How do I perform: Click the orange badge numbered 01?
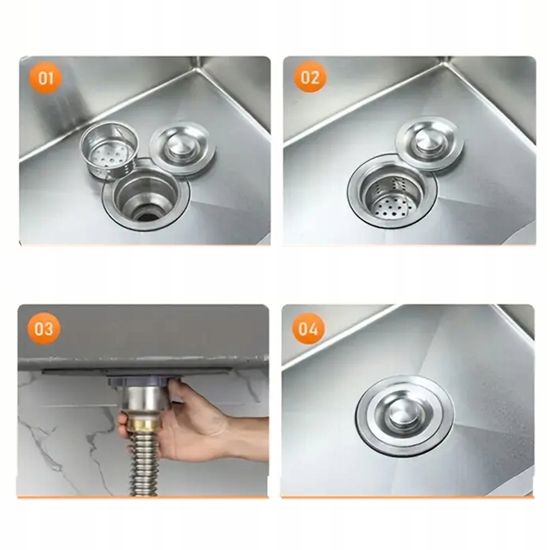click(46, 78)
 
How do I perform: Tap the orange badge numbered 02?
click(310, 77)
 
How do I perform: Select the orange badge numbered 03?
click(44, 329)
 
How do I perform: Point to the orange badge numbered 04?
click(309, 328)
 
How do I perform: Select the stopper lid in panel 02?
click(430, 144)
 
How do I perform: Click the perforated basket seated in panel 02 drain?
click(392, 198)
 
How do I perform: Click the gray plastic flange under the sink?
click(144, 381)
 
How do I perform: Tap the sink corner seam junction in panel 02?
click(448, 63)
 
